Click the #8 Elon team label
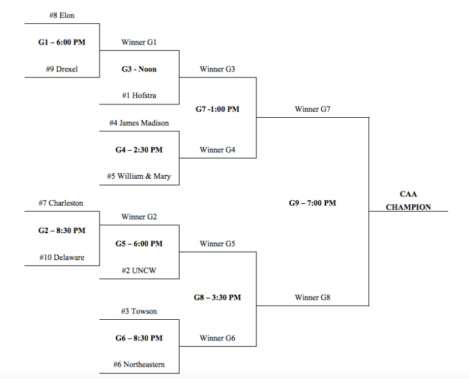point(61,15)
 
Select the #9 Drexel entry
point(61,69)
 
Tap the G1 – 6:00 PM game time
point(61,43)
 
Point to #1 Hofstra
point(139,95)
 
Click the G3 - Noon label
point(139,69)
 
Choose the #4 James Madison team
point(139,123)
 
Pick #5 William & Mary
point(139,176)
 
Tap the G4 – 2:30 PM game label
point(139,150)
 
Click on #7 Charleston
point(61,203)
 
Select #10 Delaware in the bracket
point(61,258)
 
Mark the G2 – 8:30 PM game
point(61,230)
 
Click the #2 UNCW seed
point(139,270)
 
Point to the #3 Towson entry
point(139,311)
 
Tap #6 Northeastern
point(139,365)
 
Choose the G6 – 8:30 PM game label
point(139,338)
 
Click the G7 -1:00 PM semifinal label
point(217,109)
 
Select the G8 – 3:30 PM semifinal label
point(217,298)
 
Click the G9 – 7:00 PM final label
point(313,203)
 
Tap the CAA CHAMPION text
point(408,201)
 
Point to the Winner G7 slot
point(313,109)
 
